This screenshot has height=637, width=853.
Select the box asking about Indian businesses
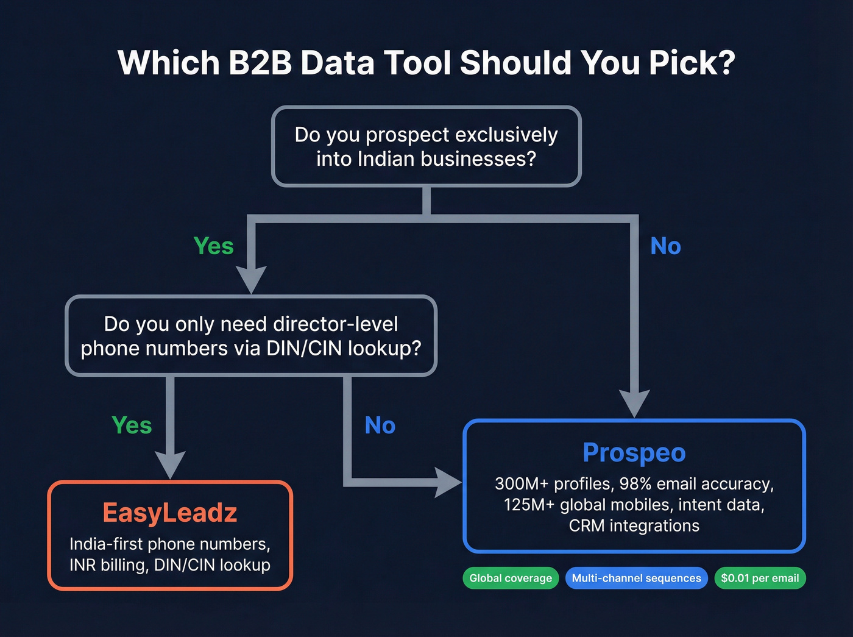426,146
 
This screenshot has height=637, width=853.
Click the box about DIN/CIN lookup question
251,336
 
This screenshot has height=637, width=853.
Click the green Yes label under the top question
213,246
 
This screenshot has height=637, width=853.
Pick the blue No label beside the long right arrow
665,246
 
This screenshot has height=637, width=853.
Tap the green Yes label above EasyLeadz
132,425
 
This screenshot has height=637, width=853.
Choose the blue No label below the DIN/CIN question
380,425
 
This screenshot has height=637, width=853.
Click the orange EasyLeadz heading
170,513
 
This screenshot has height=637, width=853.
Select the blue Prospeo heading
634,452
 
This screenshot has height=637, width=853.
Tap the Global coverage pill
511,578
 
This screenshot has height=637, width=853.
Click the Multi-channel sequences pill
636,578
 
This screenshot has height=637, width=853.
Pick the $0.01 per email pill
760,578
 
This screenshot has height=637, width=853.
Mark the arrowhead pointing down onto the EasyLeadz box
171,464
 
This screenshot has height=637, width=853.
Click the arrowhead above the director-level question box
251,279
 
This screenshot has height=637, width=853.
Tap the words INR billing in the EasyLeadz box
108,565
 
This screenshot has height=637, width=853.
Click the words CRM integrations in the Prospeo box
634,525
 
